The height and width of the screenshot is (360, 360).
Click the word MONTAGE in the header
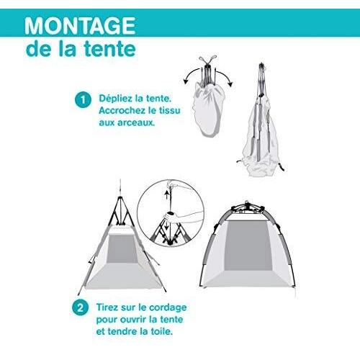[80, 25]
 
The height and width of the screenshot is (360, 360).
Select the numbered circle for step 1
[83, 99]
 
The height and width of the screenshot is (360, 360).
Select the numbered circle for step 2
[80, 307]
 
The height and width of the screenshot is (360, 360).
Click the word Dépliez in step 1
[116, 99]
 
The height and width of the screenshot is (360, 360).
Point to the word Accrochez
[121, 111]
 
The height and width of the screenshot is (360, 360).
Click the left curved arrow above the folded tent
[191, 74]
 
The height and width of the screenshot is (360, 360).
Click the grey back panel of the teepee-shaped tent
[121, 248]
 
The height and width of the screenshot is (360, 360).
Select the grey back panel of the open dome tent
[248, 246]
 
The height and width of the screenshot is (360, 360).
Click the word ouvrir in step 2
[133, 320]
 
